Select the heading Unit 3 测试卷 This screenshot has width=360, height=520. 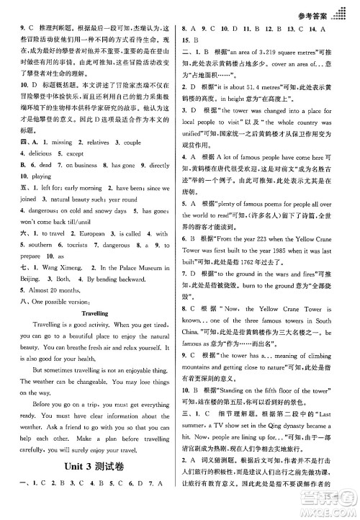[95, 486]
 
